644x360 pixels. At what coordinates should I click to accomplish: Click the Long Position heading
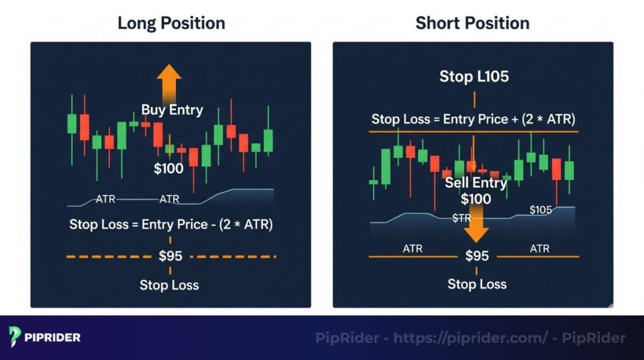[170, 23]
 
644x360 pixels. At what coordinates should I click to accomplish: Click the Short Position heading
[472, 23]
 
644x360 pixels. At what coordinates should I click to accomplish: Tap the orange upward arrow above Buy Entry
[169, 82]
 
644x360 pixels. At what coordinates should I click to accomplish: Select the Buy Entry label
[172, 110]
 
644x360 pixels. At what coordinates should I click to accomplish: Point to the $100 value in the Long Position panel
[169, 168]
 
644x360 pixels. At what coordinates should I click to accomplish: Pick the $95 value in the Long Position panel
[170, 256]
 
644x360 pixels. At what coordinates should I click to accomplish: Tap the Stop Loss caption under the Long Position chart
[169, 285]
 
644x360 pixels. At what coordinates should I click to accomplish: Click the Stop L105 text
[474, 77]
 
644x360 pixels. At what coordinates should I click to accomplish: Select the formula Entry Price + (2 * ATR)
[473, 119]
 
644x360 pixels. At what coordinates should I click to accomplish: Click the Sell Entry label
[475, 183]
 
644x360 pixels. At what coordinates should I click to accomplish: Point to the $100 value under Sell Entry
[476, 199]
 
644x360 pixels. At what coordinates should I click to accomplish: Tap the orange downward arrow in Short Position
[476, 228]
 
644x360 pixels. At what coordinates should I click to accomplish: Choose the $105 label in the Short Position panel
[540, 210]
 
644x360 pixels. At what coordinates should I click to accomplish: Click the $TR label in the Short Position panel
[462, 218]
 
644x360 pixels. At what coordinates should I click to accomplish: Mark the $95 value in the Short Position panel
[476, 256]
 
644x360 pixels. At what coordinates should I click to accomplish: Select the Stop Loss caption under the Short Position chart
[477, 284]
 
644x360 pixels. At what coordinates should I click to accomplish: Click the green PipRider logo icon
[16, 337]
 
